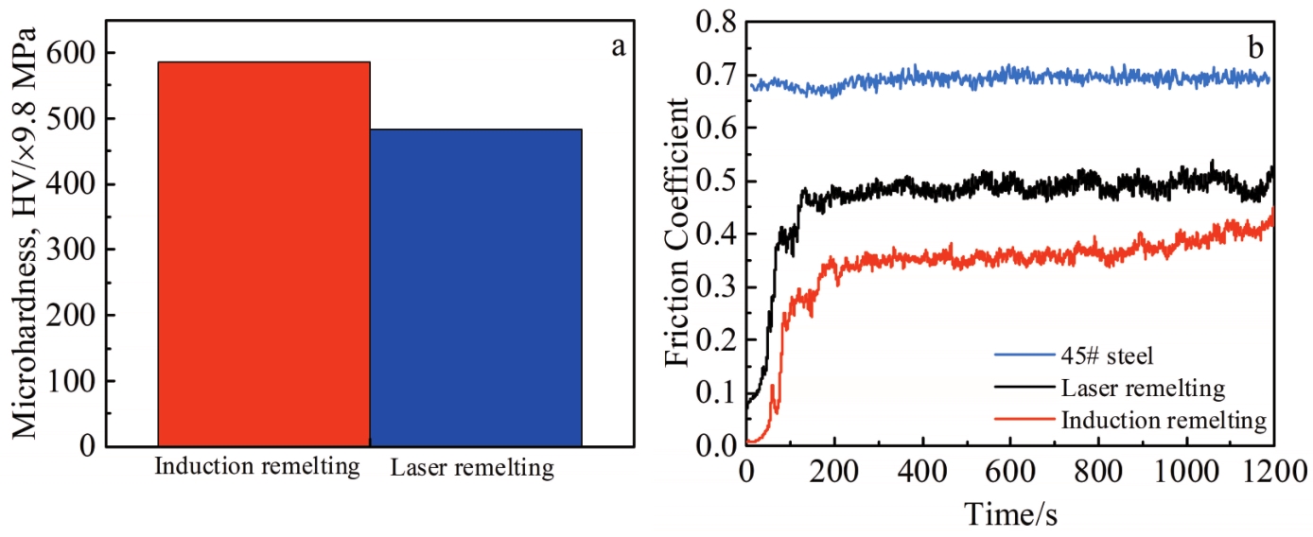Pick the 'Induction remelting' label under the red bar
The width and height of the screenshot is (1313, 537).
[256, 467]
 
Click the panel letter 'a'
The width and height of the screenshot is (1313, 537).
[618, 46]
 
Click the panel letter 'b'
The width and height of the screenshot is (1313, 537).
[1256, 44]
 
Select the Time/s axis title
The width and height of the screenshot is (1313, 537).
[1009, 513]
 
